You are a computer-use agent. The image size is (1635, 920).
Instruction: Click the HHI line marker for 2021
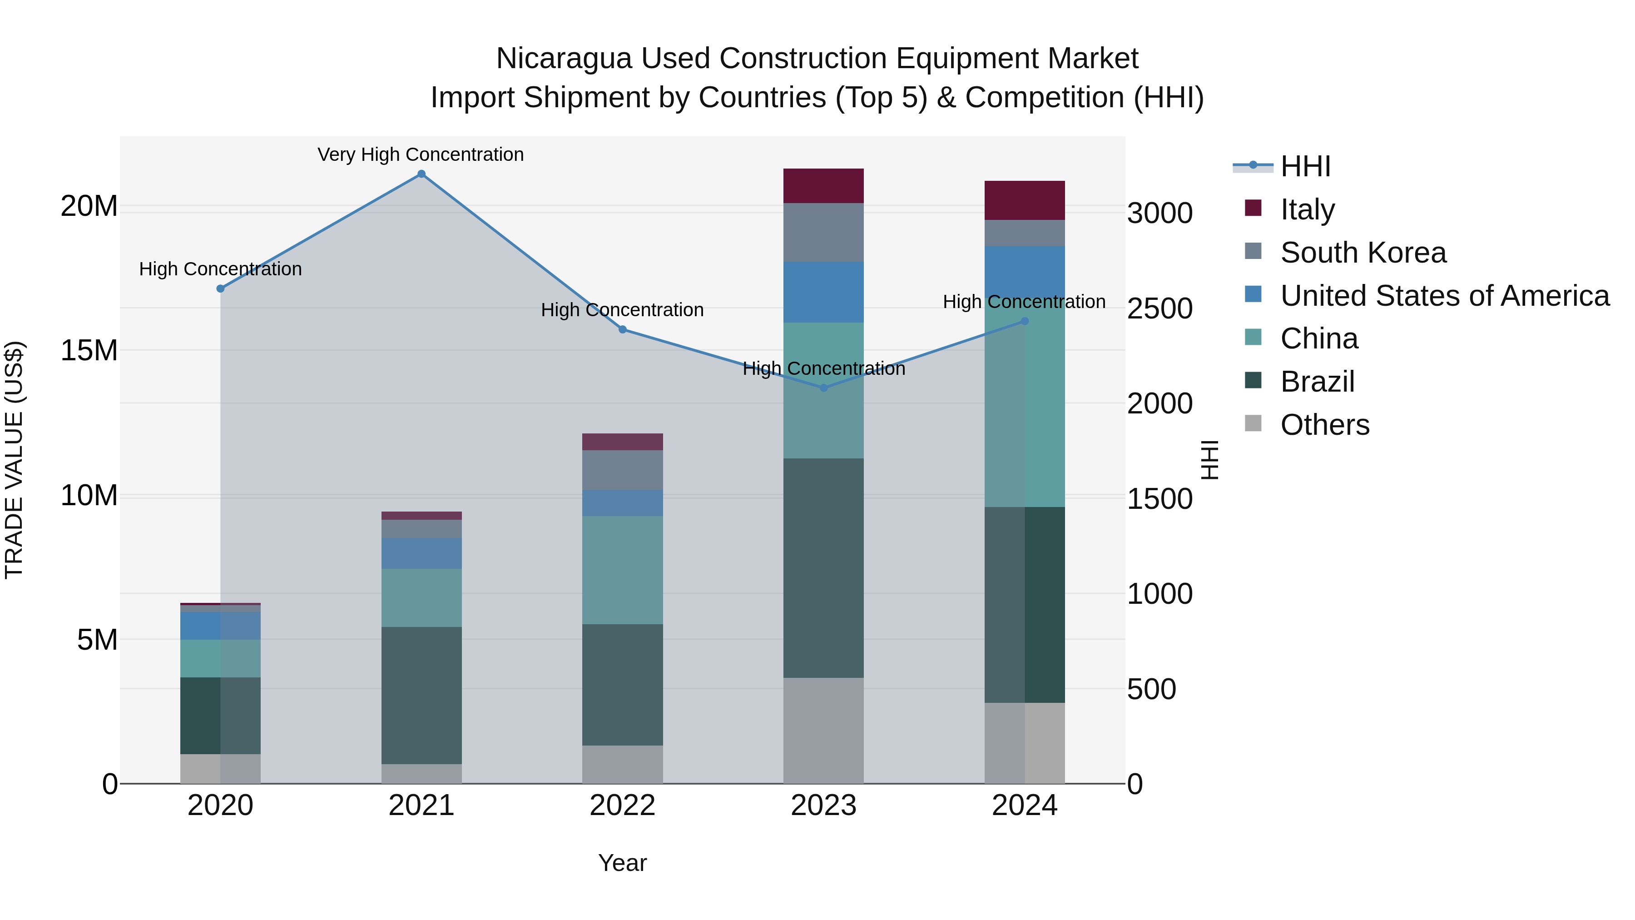421,174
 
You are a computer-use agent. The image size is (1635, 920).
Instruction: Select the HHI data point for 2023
823,388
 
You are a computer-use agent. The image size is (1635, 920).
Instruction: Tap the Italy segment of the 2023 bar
823,186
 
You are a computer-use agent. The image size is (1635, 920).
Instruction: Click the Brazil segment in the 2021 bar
421,695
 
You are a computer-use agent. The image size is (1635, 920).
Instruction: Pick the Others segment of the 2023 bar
823,730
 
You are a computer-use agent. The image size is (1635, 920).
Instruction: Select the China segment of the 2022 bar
622,570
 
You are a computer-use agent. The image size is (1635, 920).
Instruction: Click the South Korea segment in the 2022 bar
622,470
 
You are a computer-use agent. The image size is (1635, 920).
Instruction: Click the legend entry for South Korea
1362,253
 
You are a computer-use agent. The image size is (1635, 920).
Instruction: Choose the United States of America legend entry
1444,296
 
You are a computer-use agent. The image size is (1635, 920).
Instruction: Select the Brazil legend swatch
1253,381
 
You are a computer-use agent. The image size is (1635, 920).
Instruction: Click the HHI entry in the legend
1305,166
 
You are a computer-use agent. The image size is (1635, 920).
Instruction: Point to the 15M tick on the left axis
89,350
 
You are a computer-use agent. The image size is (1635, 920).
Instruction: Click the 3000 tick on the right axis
1159,214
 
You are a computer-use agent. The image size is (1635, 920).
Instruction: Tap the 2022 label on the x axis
622,806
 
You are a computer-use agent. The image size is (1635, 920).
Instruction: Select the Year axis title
622,863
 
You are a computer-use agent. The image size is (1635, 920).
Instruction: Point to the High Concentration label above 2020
220,269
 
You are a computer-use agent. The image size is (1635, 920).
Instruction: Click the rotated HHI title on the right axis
1210,460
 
